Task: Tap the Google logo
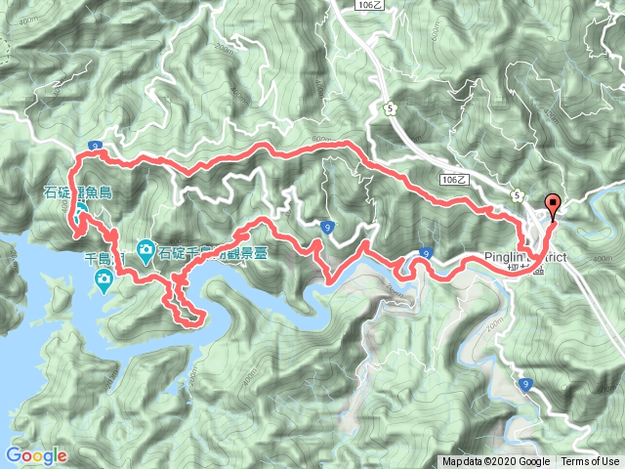tap(35, 455)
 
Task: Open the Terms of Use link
tap(589, 462)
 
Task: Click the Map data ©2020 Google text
tap(495, 462)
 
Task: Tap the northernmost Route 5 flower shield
tap(392, 108)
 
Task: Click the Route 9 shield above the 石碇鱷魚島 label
tap(96, 146)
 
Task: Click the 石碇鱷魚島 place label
tap(78, 192)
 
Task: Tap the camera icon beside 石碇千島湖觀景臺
tap(146, 250)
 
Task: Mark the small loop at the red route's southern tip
tap(188, 314)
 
